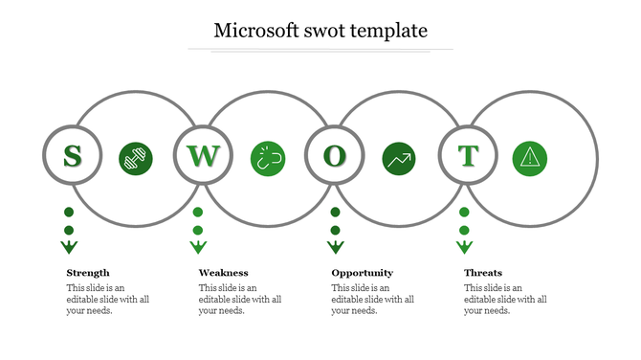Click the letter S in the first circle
coord(71,155)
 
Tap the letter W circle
coord(203,155)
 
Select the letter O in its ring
coord(334,155)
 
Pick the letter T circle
coord(468,155)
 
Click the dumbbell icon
coord(136,158)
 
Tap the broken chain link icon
coord(268,158)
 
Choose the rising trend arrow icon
coord(399,158)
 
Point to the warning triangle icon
coord(529,158)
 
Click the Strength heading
coord(88,273)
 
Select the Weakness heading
coord(223,273)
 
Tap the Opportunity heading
coord(362,273)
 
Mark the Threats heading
coord(483,273)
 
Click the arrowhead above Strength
coord(69,248)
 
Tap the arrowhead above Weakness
coord(198,248)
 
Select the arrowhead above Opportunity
coord(336,248)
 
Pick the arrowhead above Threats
coord(464,248)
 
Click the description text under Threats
coord(505,299)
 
